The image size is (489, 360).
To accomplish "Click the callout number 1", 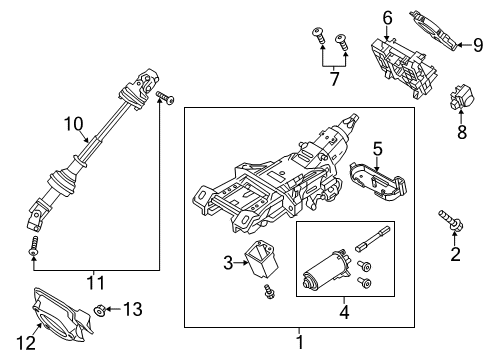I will (298, 343).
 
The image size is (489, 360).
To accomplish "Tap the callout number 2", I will (456, 256).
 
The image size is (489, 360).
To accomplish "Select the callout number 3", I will (228, 263).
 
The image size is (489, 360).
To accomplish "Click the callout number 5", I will (377, 151).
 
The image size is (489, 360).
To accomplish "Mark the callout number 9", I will (476, 43).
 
